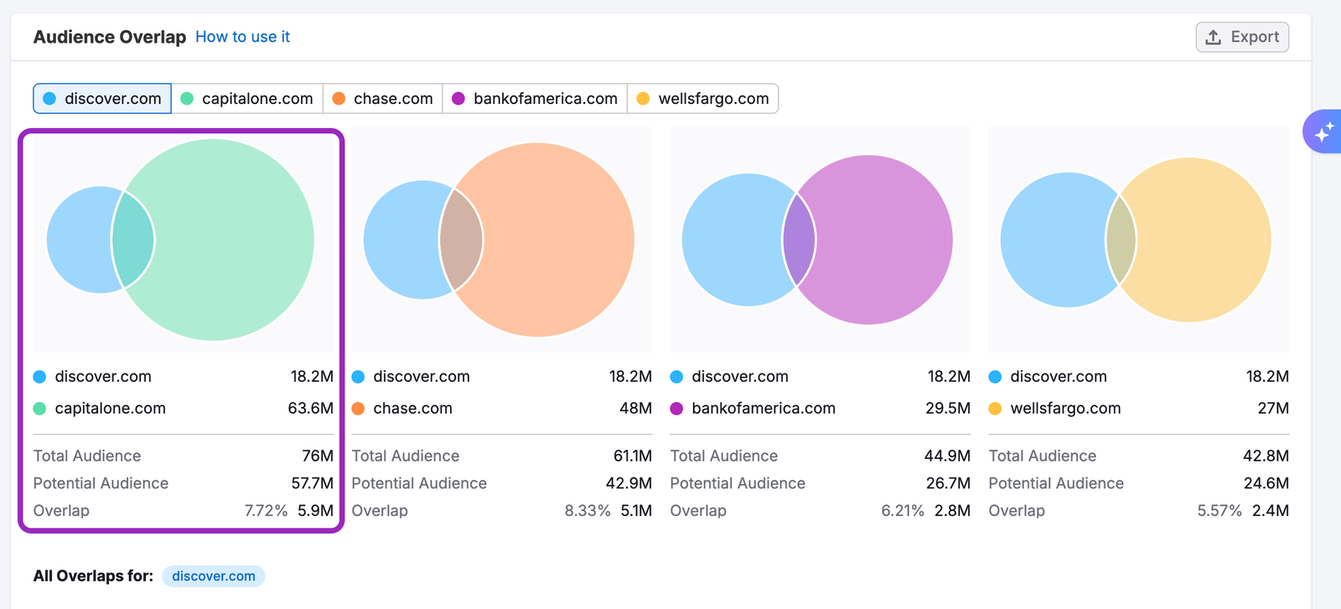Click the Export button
point(1242,37)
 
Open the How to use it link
point(242,37)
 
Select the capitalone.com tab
point(247,99)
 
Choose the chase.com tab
point(383,99)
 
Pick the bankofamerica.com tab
point(535,99)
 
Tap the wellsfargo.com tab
point(702,99)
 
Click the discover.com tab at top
point(102,99)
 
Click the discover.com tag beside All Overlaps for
point(214,576)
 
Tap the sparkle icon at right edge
point(1323,132)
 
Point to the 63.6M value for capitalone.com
point(310,409)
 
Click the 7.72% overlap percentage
point(266,511)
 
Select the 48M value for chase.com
point(635,409)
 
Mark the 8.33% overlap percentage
point(587,511)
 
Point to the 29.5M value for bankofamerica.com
point(948,409)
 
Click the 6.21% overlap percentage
point(903,511)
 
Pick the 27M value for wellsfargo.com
point(1273,409)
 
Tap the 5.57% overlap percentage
point(1219,511)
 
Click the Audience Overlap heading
point(110,37)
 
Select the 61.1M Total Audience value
point(633,457)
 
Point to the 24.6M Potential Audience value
point(1266,483)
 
